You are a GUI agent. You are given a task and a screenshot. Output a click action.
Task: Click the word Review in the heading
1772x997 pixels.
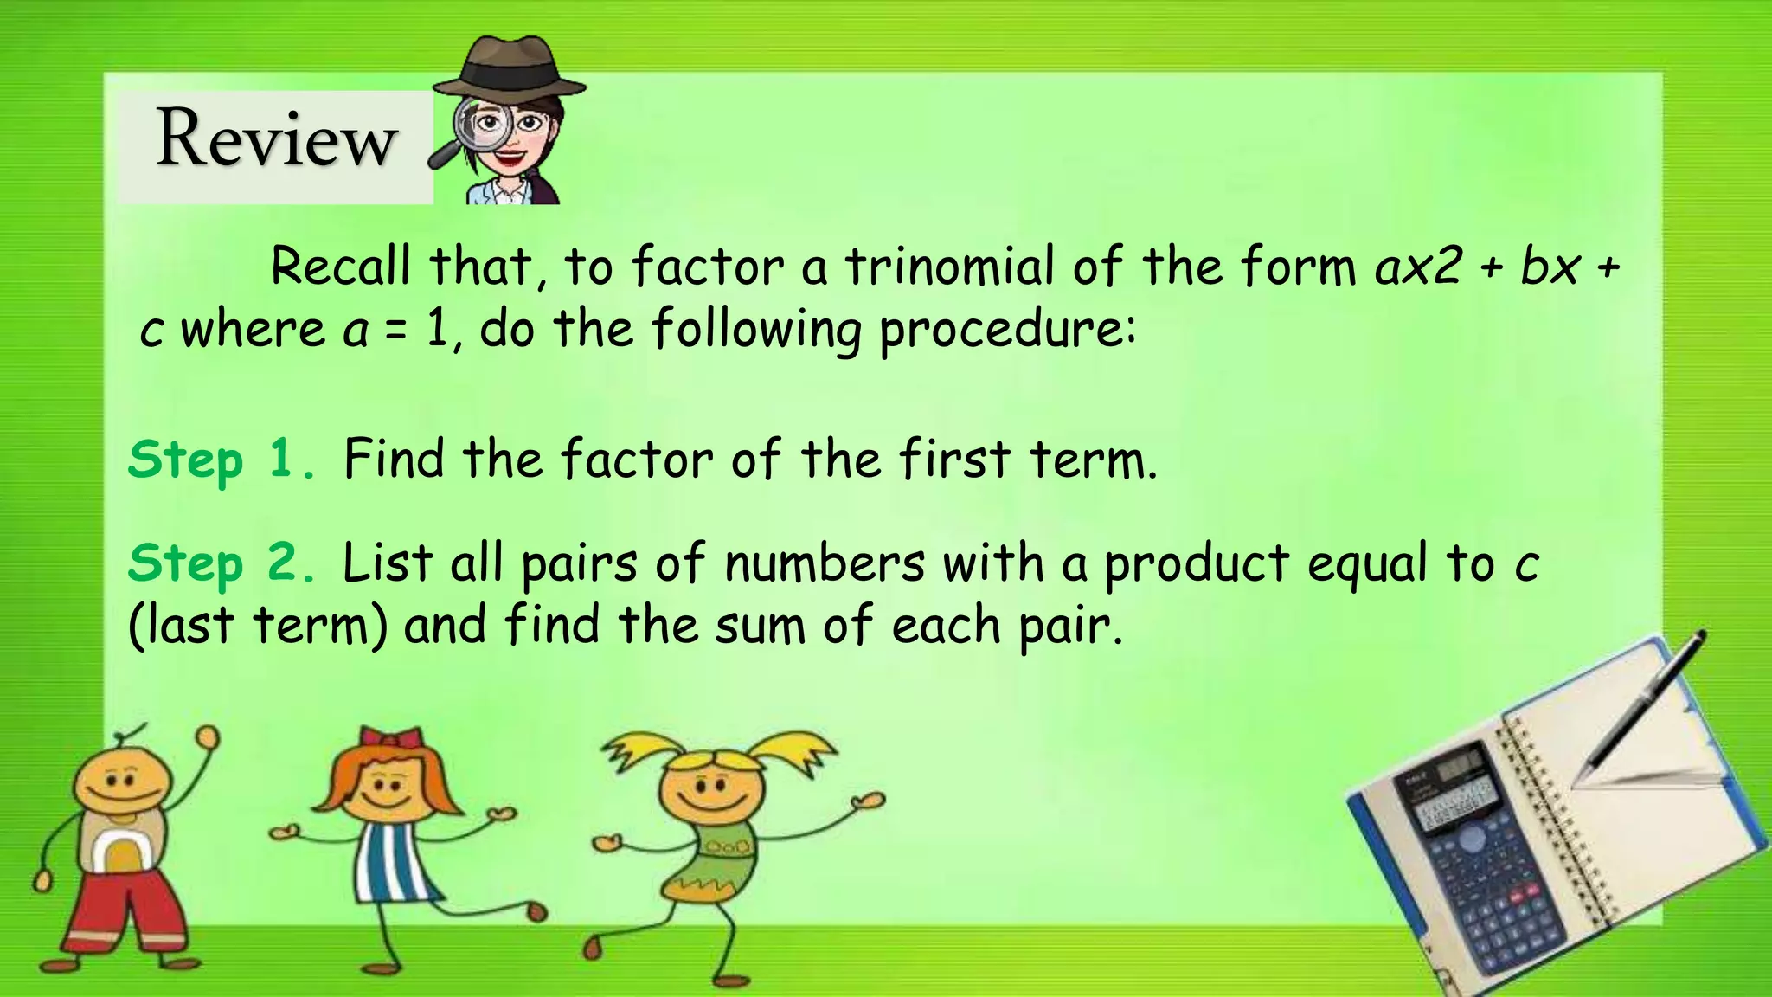[276, 138]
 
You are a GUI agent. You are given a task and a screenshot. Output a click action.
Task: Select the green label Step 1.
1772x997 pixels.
[221, 460]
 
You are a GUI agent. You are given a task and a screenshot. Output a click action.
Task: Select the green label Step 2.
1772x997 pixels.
[221, 563]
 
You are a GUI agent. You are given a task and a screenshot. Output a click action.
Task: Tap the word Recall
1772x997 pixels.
[340, 266]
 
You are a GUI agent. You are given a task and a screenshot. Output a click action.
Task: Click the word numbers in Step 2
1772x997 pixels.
[824, 563]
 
